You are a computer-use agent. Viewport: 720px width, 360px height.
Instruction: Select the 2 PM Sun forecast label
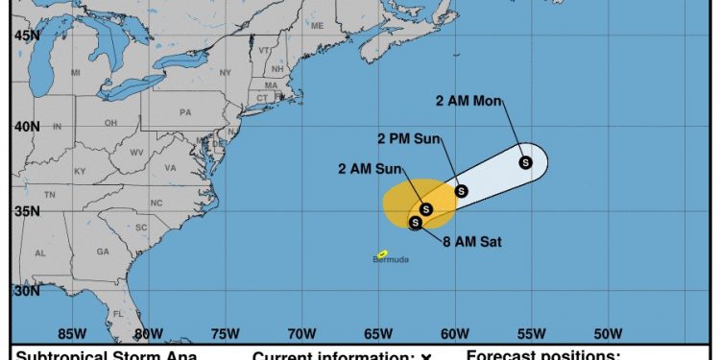pos(408,139)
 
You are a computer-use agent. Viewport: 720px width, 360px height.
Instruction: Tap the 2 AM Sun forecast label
pos(370,169)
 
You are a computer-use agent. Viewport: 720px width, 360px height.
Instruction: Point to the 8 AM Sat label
pos(472,241)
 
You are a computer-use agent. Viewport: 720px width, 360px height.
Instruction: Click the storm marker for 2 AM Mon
pos(525,162)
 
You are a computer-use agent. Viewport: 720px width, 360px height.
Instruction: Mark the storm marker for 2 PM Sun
pos(461,191)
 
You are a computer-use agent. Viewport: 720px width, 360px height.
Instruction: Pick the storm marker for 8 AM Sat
pos(416,223)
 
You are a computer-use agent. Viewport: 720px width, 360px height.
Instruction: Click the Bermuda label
pos(391,260)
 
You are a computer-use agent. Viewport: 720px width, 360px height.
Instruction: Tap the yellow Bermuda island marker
pos(382,253)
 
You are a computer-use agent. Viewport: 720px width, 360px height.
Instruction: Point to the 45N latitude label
pos(27,36)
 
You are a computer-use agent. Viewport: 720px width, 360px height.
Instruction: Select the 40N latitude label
pos(27,127)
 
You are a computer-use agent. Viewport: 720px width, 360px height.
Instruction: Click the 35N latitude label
pos(27,211)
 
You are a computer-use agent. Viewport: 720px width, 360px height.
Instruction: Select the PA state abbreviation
pos(185,112)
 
